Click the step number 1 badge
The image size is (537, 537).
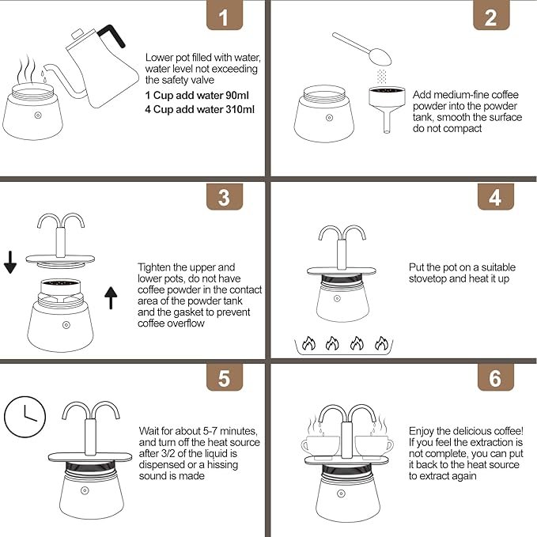pos(225,15)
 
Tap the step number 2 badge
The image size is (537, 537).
pos(491,15)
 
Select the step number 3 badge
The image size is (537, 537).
pos(225,197)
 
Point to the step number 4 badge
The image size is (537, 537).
pos(496,197)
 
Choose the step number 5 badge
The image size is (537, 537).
pos(225,377)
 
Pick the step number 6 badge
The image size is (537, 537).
pos(496,377)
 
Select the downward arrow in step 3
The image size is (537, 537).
pos(10,262)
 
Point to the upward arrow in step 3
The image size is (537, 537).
pos(111,297)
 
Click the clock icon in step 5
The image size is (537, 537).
pos(25,417)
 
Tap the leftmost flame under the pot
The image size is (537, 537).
pos(308,343)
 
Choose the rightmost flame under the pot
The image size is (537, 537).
pos(381,343)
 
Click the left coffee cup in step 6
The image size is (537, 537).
pos(320,446)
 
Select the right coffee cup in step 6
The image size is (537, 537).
pos(374,446)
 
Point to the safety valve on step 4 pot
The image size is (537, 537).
pos(337,299)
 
